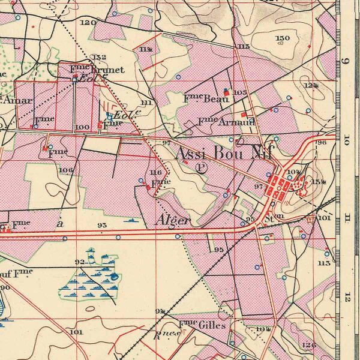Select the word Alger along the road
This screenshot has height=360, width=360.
(x=173, y=220)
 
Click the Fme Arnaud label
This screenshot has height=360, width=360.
(x=226, y=122)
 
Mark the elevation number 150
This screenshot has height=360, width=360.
(x=283, y=38)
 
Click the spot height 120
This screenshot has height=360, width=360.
(x=88, y=22)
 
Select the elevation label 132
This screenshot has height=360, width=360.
(x=99, y=57)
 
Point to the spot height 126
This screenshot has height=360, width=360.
(x=309, y=344)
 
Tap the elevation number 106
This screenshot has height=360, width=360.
(x=66, y=170)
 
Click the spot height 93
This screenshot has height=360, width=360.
(x=101, y=225)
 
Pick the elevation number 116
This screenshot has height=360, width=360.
(x=156, y=172)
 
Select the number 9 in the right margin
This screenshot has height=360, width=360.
(x=345, y=62)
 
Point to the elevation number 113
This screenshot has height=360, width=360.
(x=324, y=262)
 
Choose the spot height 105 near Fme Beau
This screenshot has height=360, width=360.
(x=240, y=92)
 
